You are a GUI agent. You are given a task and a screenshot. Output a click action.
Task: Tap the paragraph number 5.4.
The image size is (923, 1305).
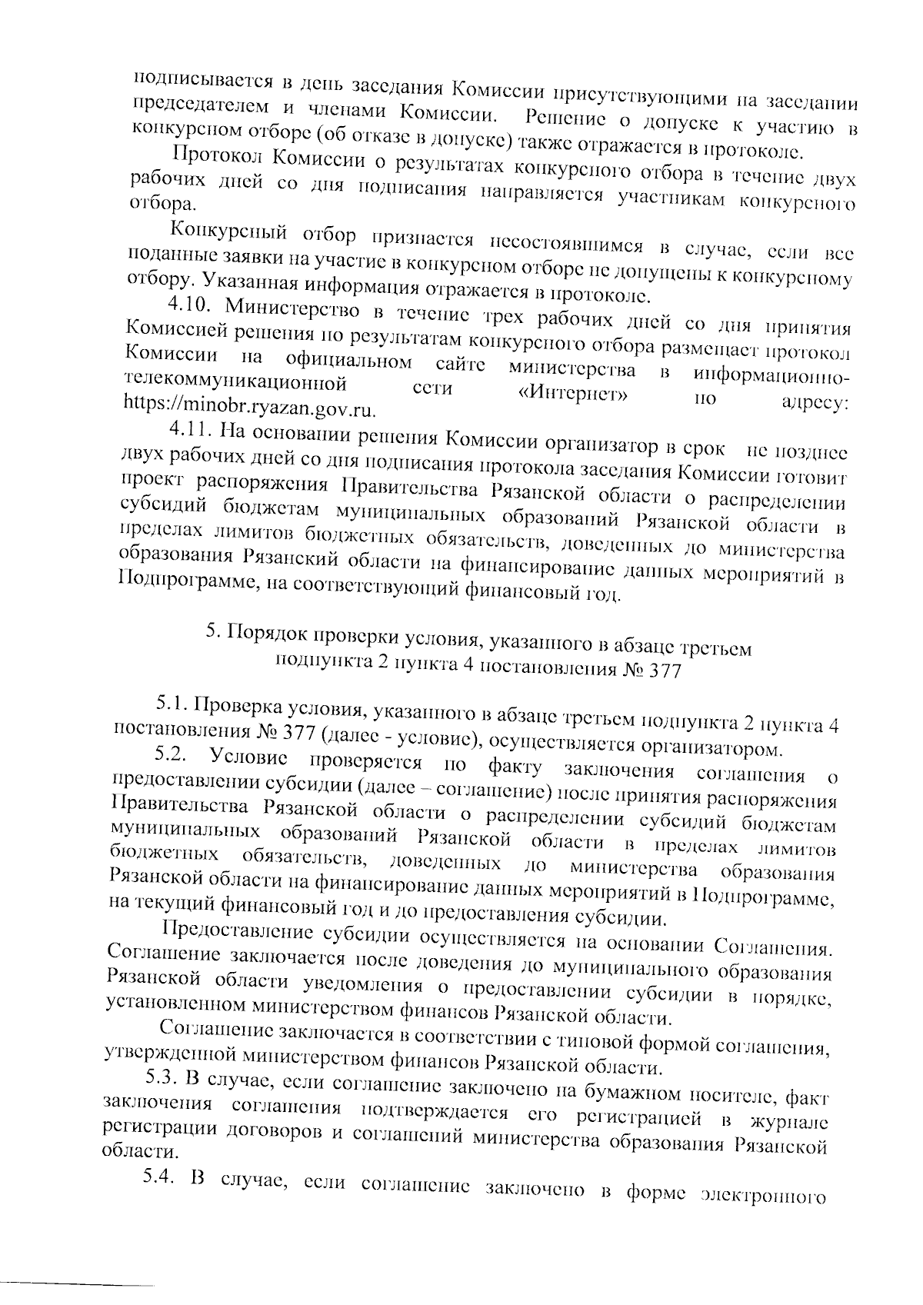pos(161,1201)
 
